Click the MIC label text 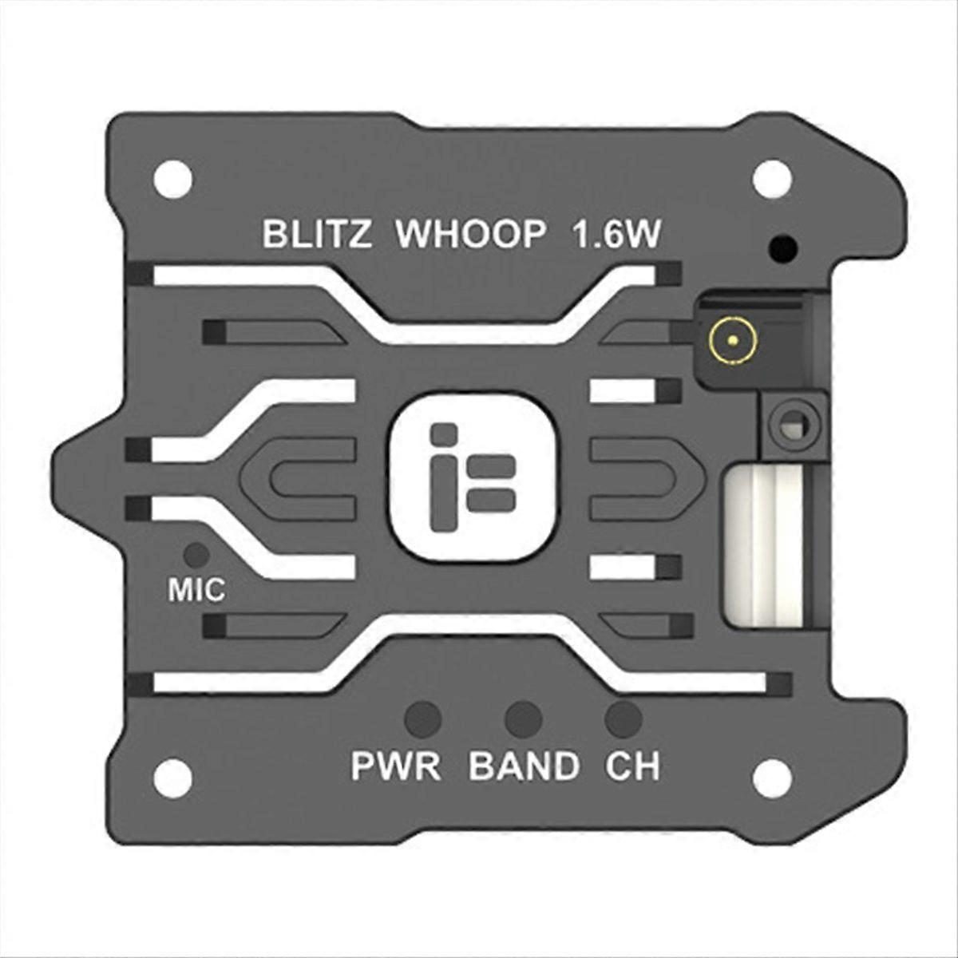coord(196,591)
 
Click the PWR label coord(396,766)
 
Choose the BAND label coord(524,766)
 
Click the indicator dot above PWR coord(423,718)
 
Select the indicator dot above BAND coord(524,718)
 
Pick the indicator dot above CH coord(623,718)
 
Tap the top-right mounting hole coord(770,176)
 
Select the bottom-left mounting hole coord(172,773)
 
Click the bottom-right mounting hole coord(770,773)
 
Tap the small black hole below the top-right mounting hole coord(782,249)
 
